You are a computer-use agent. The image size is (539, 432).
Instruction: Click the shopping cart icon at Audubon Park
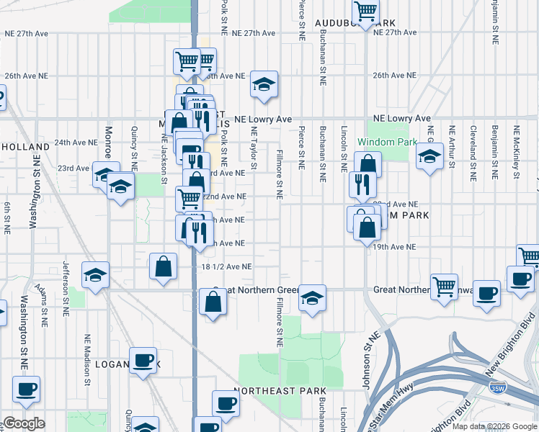click(x=366, y=12)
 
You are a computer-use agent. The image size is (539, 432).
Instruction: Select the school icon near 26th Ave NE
click(x=264, y=84)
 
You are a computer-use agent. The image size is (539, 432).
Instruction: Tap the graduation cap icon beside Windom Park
click(x=429, y=156)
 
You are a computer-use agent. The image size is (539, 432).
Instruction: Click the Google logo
click(x=24, y=423)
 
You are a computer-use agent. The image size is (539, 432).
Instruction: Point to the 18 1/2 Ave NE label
click(x=226, y=266)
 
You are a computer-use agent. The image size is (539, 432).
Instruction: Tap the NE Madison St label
click(x=89, y=355)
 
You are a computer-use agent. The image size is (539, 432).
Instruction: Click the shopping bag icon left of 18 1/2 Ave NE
click(x=164, y=266)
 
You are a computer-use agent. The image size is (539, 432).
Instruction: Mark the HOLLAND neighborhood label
click(x=24, y=146)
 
